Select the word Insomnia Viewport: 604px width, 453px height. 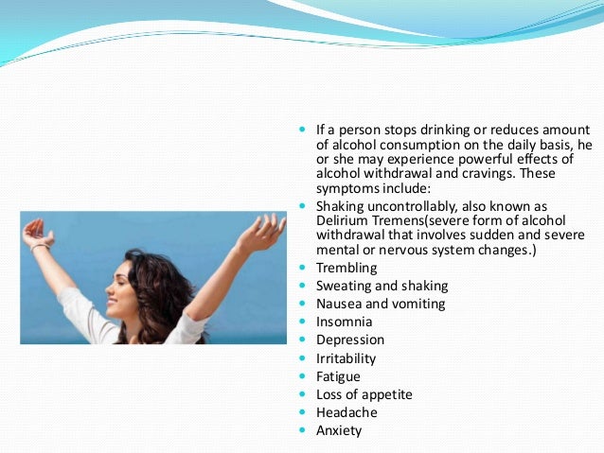tap(343, 322)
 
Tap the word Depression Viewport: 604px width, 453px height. tap(350, 340)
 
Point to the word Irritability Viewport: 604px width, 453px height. tap(346, 358)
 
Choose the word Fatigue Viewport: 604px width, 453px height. tap(340, 376)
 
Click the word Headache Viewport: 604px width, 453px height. tap(346, 412)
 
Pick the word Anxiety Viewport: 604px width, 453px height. tap(339, 430)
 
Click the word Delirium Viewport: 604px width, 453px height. tap(344, 219)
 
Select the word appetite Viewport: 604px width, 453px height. tap(388, 394)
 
